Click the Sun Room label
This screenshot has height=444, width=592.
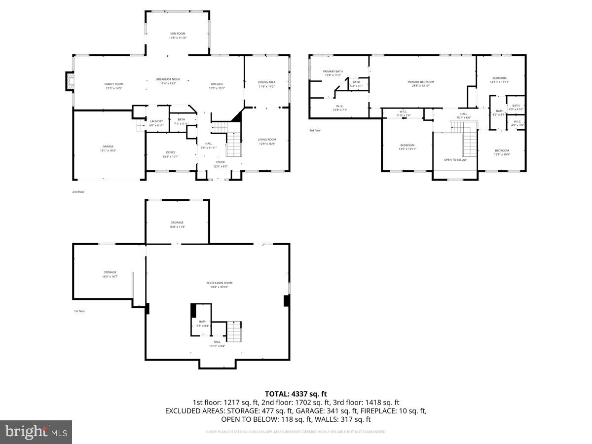[x=178, y=33]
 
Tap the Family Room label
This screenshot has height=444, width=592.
[x=113, y=84]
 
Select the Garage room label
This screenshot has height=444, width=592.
[x=108, y=147]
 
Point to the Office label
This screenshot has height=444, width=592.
[x=170, y=152]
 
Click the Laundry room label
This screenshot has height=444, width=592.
[x=156, y=121]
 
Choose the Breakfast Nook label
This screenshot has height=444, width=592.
[x=168, y=79]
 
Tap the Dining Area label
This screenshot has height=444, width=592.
[x=266, y=82]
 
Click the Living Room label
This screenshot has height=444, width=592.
[x=267, y=140]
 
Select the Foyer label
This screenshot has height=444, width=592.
[x=220, y=162]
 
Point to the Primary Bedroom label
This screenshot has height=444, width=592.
[x=421, y=82]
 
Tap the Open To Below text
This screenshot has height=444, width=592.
[x=455, y=160]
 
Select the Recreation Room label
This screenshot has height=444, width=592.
[x=219, y=283]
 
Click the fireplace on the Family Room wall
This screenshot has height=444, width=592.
[x=70, y=81]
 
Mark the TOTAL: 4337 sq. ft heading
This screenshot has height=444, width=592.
[x=296, y=394]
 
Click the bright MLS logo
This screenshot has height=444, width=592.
[x=36, y=432]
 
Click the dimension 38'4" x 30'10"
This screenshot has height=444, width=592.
[x=219, y=287]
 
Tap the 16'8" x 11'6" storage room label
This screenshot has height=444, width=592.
[x=177, y=224]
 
